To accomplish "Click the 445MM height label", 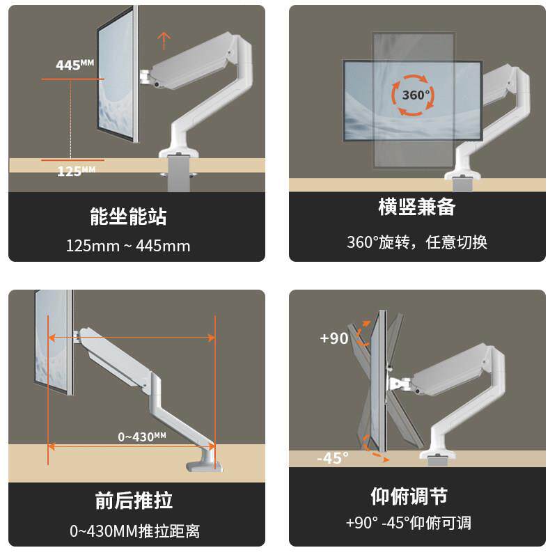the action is coord(74,65).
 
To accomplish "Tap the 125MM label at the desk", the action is coord(76,170).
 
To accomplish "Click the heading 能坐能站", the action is coord(129,216).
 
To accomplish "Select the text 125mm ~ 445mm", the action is coord(128,246).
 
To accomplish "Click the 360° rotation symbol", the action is coord(415,95).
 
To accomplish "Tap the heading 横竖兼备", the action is coord(416,207).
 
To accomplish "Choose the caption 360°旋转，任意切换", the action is coord(416,242).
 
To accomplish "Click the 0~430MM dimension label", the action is coord(141,437).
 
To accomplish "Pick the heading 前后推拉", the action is coord(134,500).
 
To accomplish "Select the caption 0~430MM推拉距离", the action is coord(134,531).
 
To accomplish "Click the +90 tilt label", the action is coord(334,338).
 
